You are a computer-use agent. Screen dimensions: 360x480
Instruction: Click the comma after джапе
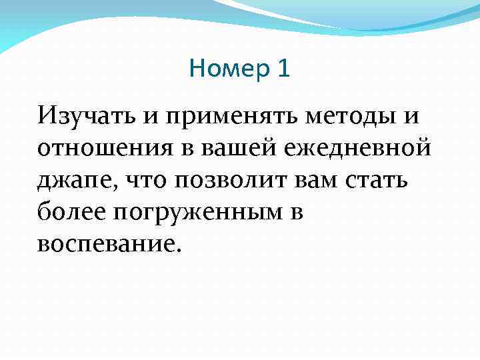(x=106, y=187)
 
